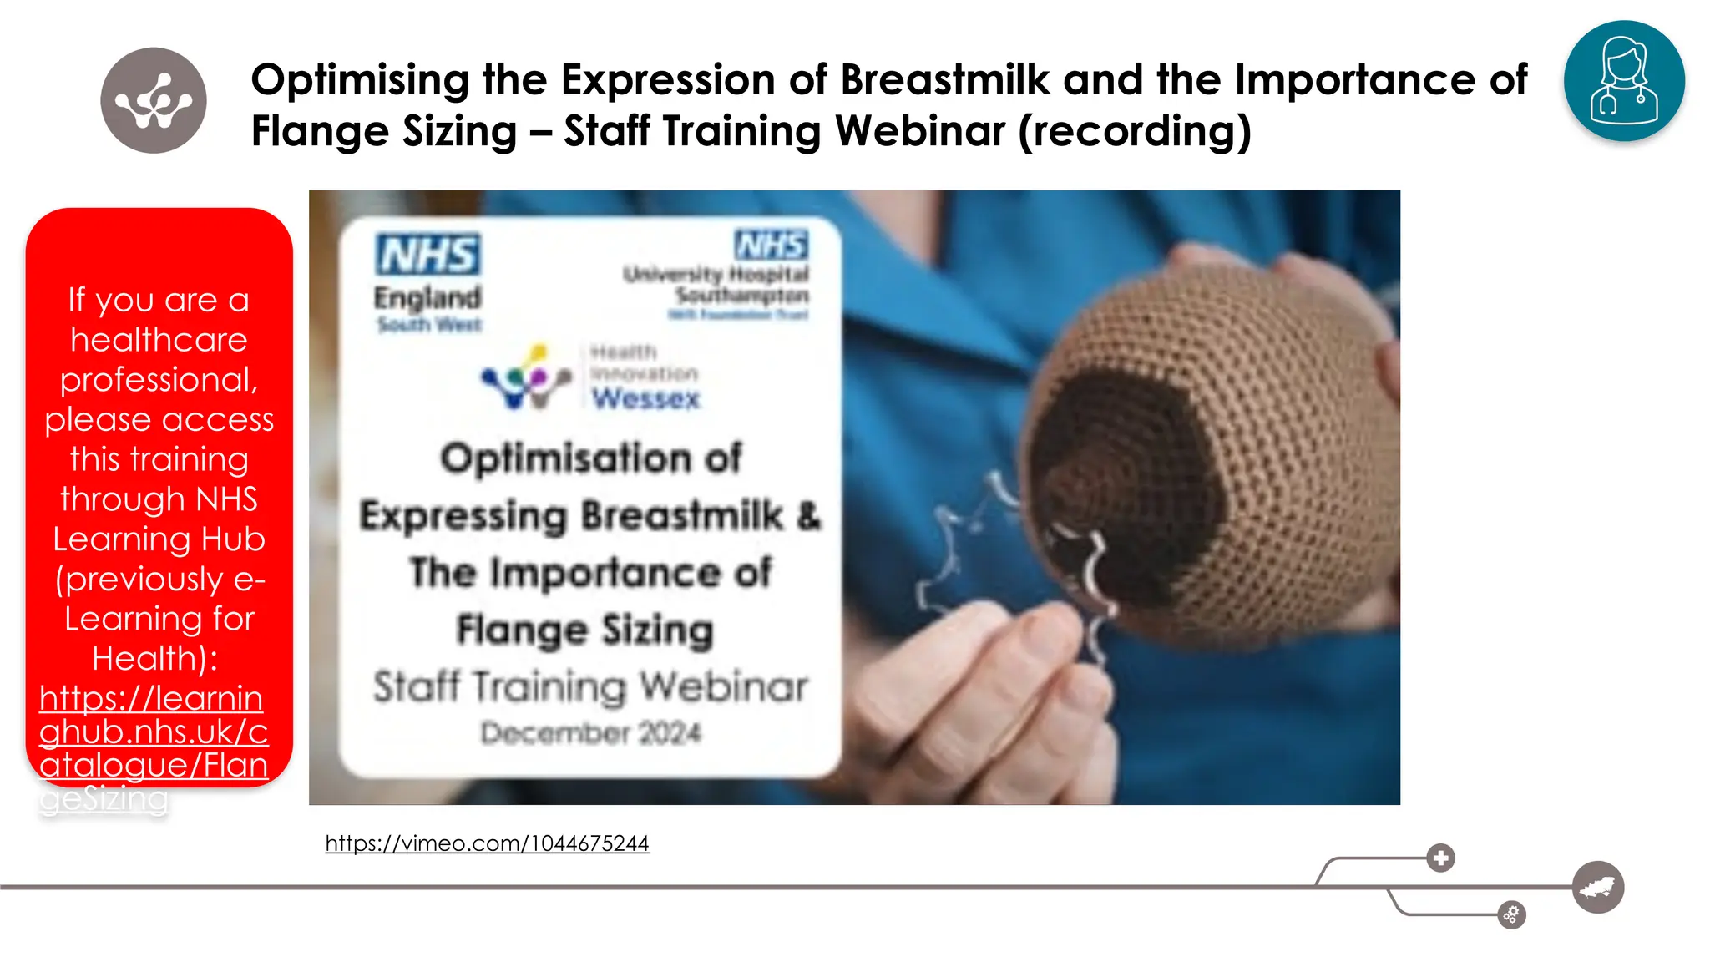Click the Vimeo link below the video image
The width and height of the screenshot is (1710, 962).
[x=487, y=843]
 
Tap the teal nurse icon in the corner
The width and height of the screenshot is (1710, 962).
[x=1624, y=81]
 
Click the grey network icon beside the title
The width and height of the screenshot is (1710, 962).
[x=154, y=100]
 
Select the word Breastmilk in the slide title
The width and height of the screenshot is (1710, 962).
[x=944, y=80]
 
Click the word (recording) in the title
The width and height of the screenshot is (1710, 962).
[x=1135, y=131]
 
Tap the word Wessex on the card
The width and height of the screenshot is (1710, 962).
[x=645, y=398]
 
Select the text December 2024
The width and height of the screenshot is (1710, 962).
[x=590, y=733]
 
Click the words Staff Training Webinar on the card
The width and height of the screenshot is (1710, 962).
[x=590, y=686]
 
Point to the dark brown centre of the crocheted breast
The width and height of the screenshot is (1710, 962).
[x=1119, y=484]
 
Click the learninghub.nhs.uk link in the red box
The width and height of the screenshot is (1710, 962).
[x=153, y=732]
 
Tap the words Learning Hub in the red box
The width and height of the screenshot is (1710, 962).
[x=159, y=539]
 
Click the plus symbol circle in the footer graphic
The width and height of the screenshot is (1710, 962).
[x=1440, y=858]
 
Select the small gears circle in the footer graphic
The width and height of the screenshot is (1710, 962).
[x=1511, y=915]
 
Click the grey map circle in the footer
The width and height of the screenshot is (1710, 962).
[x=1597, y=887]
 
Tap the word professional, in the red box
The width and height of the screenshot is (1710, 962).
[x=159, y=379]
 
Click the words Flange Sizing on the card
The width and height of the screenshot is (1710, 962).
[x=584, y=630]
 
